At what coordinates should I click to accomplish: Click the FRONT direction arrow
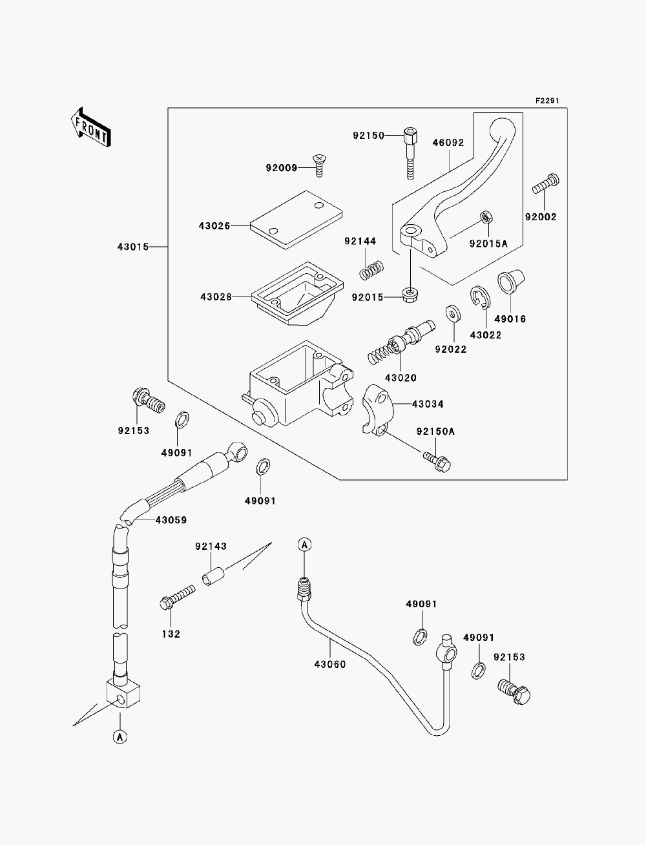[91, 127]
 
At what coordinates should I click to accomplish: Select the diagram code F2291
[547, 101]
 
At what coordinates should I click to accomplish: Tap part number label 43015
[133, 247]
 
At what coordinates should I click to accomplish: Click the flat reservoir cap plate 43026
[296, 220]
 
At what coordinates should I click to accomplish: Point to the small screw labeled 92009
[318, 165]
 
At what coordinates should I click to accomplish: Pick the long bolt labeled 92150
[410, 153]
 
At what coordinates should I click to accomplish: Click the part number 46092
[448, 143]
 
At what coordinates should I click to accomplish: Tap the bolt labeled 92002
[546, 183]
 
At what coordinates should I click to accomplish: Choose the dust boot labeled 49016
[510, 282]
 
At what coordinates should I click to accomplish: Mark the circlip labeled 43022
[480, 297]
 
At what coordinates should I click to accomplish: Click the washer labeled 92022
[453, 313]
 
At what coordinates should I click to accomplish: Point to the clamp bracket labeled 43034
[378, 410]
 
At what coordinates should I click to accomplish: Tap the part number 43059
[171, 520]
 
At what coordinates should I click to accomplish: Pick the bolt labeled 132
[178, 597]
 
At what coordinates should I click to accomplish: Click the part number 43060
[330, 665]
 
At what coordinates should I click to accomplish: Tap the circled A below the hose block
[120, 737]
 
